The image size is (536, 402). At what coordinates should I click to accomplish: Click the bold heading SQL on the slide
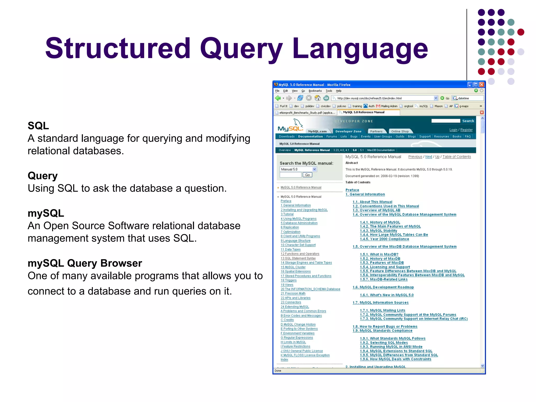tap(38, 126)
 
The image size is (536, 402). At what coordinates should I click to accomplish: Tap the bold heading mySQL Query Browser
tap(85, 263)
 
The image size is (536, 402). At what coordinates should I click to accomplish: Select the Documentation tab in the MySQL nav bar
tap(310, 136)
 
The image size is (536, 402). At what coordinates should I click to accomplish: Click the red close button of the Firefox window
tap(482, 85)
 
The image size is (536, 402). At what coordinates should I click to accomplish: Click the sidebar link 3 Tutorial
tap(287, 214)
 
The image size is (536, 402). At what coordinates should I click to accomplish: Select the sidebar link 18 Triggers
tap(288, 280)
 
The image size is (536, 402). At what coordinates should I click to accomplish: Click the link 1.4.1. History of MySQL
tap(380, 222)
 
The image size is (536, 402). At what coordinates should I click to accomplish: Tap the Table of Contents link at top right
tap(456, 157)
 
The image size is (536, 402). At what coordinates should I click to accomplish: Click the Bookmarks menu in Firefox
tap(315, 91)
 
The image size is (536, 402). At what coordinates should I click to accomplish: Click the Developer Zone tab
tap(348, 131)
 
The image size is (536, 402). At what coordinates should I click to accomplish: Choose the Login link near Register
tap(453, 130)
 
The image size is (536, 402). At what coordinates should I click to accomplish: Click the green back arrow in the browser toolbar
tap(278, 98)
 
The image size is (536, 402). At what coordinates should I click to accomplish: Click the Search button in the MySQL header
tap(468, 121)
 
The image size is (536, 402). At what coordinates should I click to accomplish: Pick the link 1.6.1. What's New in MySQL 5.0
tap(387, 295)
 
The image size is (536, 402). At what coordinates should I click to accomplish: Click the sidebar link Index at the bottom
tap(284, 360)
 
